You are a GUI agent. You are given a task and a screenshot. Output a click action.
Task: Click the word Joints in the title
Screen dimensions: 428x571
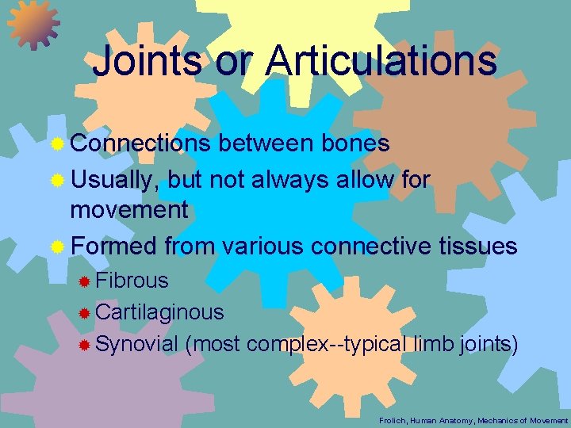click(146, 61)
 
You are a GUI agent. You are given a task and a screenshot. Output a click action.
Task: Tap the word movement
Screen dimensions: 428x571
click(129, 210)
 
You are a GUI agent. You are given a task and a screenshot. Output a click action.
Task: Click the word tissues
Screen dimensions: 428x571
click(477, 246)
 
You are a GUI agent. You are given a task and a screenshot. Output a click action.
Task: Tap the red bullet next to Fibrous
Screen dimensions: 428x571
click(85, 281)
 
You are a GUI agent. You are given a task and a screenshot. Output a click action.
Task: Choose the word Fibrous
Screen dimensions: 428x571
click(132, 280)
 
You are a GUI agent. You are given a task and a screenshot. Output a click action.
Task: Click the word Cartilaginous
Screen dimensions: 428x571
click(159, 312)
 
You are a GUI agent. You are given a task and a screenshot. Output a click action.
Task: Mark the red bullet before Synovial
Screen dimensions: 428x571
click(85, 345)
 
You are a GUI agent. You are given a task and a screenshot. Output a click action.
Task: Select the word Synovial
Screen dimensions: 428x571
click(136, 344)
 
